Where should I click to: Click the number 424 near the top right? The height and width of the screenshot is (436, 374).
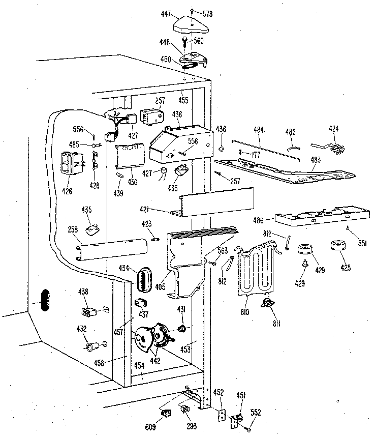334,129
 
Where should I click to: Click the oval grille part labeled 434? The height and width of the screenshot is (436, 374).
145,279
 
